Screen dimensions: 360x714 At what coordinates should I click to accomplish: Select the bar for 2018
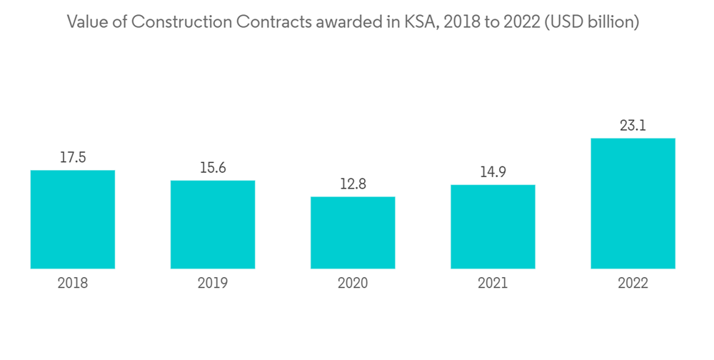click(x=73, y=219)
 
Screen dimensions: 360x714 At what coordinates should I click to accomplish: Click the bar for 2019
click(x=213, y=224)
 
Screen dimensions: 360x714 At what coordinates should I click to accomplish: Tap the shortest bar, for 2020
click(x=353, y=233)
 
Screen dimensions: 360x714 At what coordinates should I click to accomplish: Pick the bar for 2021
click(x=493, y=226)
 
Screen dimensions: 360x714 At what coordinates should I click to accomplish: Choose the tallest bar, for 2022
click(x=633, y=204)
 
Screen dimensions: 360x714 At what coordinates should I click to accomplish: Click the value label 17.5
click(x=73, y=158)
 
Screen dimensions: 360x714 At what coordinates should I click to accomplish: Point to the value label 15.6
click(x=213, y=168)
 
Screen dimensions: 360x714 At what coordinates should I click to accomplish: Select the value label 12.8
click(x=353, y=184)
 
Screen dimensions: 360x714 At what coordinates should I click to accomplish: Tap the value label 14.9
click(x=493, y=172)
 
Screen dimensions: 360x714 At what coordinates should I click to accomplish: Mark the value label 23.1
click(x=633, y=126)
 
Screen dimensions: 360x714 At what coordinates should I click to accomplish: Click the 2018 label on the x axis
click(x=73, y=284)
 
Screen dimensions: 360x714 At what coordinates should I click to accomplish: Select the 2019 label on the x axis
click(x=213, y=284)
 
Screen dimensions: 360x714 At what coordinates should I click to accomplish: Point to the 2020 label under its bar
click(x=353, y=284)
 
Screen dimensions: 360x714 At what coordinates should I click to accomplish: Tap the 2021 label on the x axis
click(x=493, y=284)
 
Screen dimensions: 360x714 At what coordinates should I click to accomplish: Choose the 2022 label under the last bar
click(x=633, y=284)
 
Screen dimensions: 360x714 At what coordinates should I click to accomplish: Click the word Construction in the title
click(x=169, y=22)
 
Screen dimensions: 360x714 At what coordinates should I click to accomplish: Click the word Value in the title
click(x=85, y=22)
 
